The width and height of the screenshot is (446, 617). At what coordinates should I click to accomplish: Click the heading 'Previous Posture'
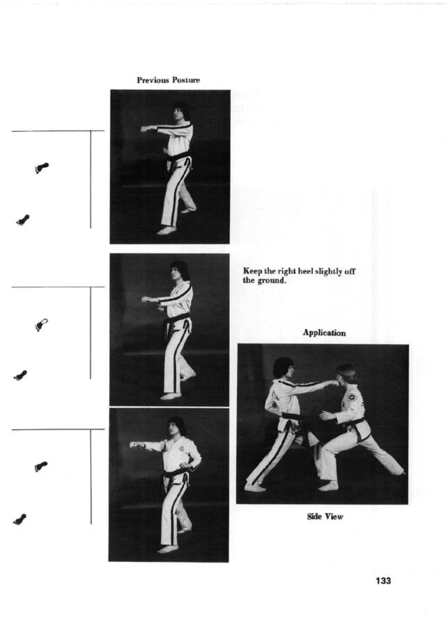point(168,80)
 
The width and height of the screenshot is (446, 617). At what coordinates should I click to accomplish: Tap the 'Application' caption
point(324,333)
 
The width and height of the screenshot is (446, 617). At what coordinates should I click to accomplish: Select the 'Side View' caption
point(325,517)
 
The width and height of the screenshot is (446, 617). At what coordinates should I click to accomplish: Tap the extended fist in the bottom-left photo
point(134,445)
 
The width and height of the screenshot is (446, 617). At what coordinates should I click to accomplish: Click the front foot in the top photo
point(167,230)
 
